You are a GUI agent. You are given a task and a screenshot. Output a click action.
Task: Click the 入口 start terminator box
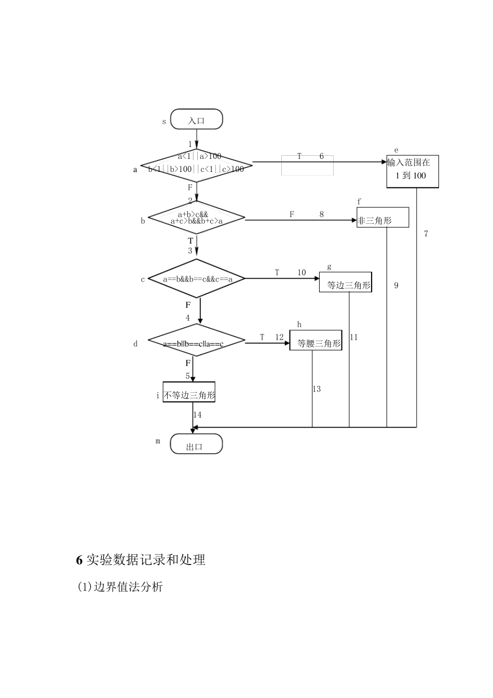pos(196,120)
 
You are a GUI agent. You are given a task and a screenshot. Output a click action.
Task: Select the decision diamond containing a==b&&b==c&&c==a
pos(197,279)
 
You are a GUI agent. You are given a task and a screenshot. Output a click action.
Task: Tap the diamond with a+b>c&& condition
pos(197,218)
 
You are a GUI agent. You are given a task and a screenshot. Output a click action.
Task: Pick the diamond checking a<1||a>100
pos(197,163)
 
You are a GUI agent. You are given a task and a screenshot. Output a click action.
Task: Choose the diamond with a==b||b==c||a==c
pos(197,343)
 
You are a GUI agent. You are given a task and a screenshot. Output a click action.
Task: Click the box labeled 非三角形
pos(382,218)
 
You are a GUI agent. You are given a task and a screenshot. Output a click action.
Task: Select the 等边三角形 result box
pos(346,283)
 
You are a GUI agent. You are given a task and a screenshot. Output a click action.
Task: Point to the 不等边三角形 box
pos(189,395)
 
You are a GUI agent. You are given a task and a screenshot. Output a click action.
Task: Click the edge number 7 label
pos(426,234)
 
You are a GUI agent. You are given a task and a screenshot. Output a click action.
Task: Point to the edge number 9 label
pos(396,286)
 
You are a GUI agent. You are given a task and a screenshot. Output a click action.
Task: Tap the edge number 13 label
pos(317,389)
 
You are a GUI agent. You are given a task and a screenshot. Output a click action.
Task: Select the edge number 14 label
pos(198,414)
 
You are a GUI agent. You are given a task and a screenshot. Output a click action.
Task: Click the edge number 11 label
pos(353,338)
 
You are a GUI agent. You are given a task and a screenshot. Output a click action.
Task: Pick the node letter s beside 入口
pos(164,122)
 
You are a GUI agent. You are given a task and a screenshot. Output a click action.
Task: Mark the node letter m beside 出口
pos(158,441)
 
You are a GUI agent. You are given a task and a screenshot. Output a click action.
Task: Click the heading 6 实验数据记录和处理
pos(141,559)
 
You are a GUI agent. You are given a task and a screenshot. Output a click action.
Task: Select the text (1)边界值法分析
pos(120,587)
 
